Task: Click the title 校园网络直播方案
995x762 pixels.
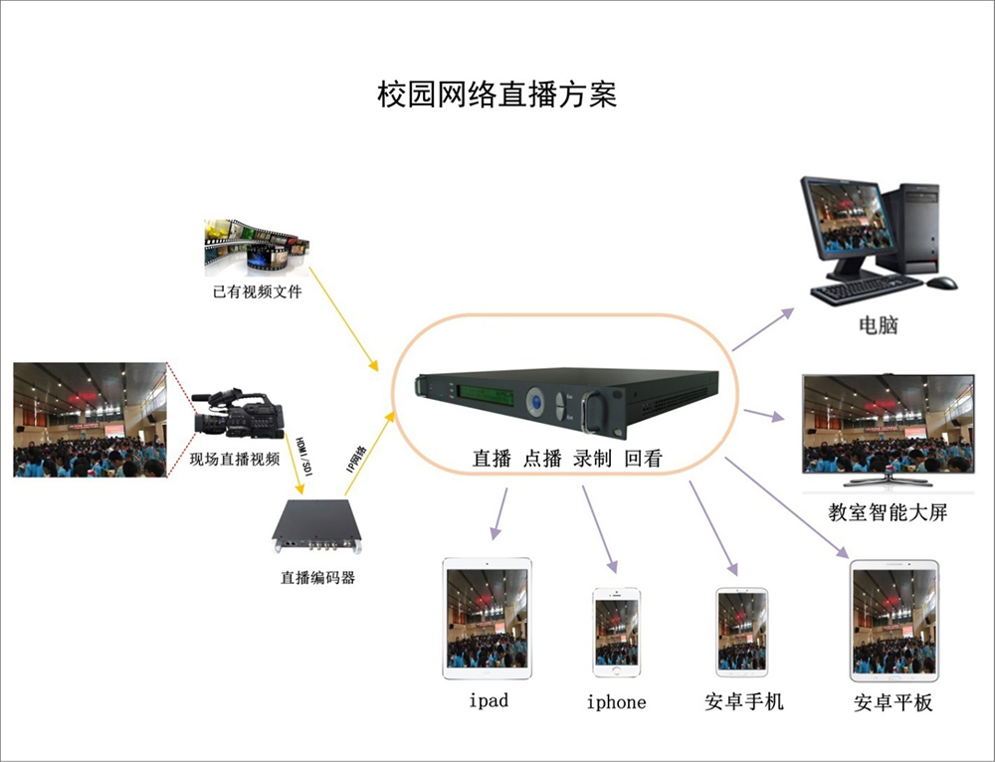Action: coord(497,95)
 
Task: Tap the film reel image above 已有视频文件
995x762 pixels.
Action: coord(256,246)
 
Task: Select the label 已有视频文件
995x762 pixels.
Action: coord(257,292)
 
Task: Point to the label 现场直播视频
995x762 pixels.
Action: coord(235,459)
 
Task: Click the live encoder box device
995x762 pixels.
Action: coord(319,525)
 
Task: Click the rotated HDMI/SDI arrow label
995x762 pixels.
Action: coord(304,453)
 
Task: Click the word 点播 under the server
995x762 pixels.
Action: coord(542,459)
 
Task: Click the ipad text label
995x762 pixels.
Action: coord(489,700)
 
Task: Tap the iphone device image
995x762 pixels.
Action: coord(617,633)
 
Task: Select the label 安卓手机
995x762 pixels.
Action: coord(743,702)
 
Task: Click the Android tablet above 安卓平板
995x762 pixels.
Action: coord(895,620)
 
